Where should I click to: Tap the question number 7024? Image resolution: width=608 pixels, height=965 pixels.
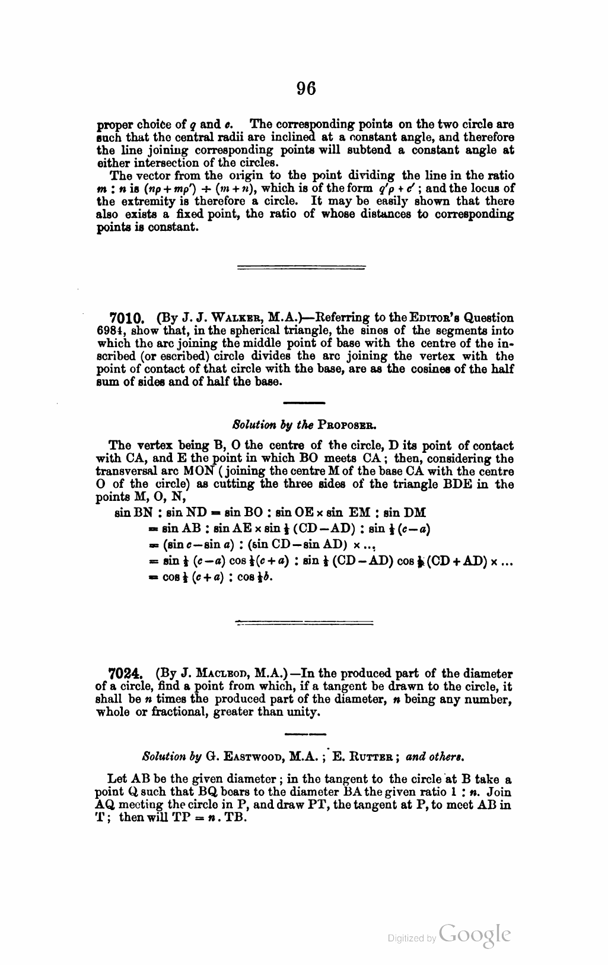126,674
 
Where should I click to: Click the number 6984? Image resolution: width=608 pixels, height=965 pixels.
110,331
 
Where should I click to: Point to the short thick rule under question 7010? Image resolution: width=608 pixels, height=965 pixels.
304,404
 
